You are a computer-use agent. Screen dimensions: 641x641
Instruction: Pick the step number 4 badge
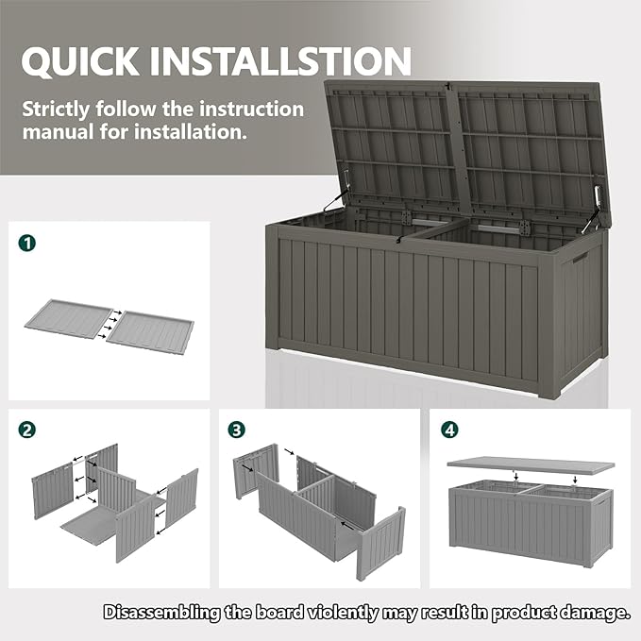pos(450,430)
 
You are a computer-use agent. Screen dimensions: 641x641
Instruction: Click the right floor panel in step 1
pos(150,332)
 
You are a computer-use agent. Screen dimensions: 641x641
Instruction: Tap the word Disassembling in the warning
pos(160,613)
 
